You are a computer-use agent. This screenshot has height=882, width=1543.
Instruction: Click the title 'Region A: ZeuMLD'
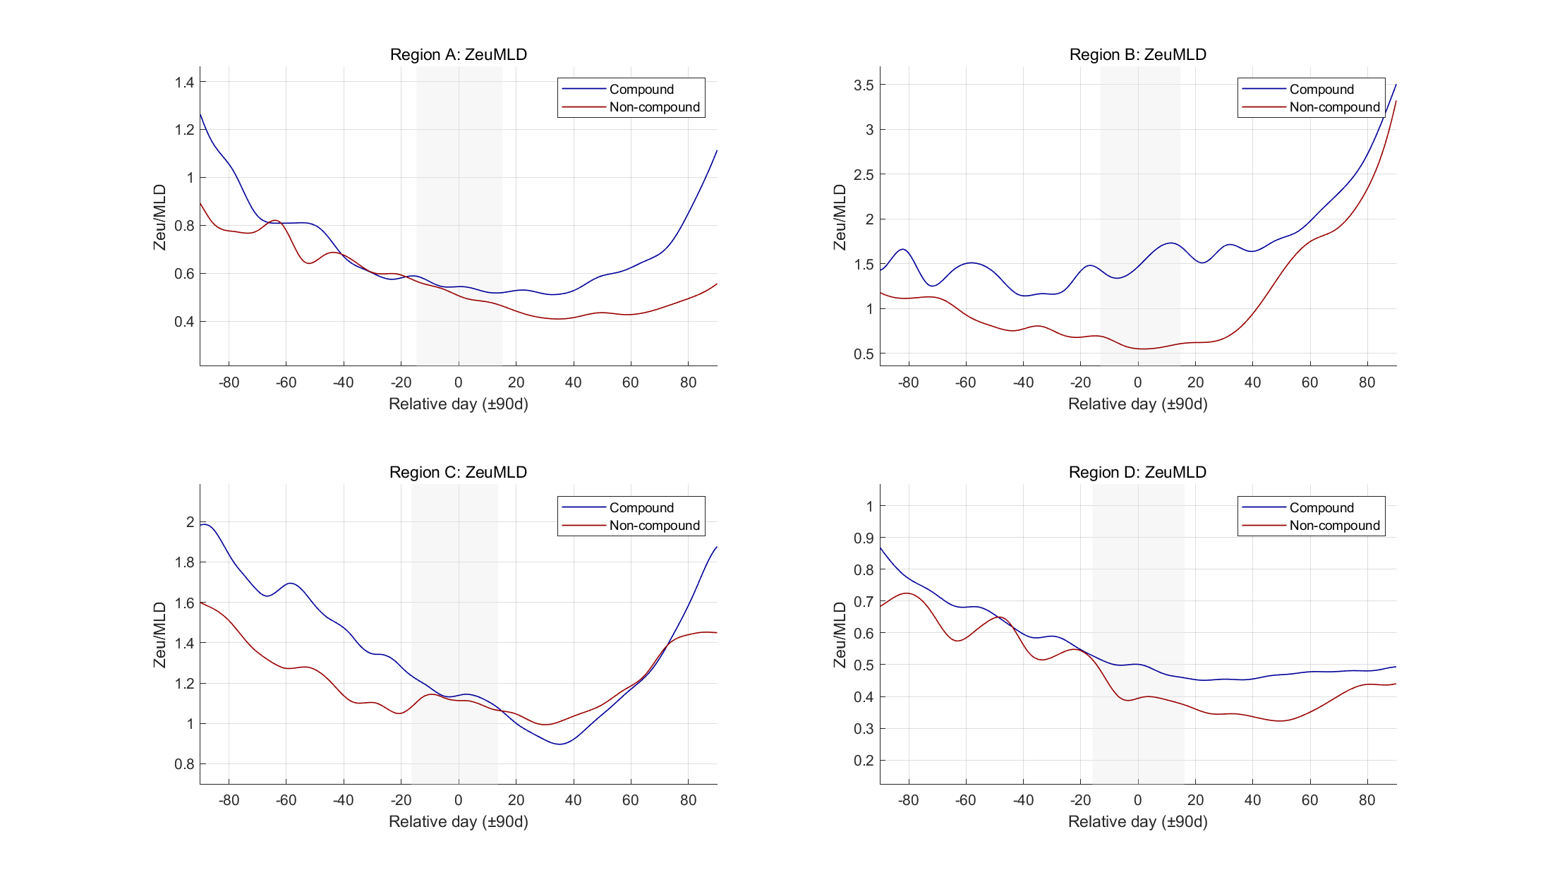[x=459, y=55]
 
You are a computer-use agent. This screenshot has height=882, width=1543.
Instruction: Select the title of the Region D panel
[x=1137, y=473]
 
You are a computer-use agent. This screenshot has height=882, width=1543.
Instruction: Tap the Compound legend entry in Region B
[x=1321, y=90]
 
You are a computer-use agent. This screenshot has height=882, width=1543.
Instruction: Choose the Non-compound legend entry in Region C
[x=654, y=526]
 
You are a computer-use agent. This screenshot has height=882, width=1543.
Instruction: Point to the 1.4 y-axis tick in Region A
[x=184, y=83]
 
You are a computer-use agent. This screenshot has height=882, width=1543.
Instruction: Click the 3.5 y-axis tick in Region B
[x=864, y=85]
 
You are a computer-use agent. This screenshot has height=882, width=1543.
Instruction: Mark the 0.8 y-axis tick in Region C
[x=184, y=764]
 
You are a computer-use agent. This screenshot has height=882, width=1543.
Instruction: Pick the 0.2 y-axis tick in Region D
[x=864, y=761]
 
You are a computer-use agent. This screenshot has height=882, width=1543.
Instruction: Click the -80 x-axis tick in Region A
[x=229, y=382]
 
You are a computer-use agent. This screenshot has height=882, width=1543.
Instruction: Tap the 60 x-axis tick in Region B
[x=1309, y=382]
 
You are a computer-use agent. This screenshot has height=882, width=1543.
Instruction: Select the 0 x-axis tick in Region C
[x=459, y=800]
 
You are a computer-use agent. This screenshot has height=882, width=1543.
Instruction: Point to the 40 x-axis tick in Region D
[x=1252, y=800]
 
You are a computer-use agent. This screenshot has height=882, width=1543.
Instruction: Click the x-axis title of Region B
[x=1137, y=404]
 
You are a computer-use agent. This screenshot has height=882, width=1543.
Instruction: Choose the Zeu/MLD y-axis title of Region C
[x=160, y=634]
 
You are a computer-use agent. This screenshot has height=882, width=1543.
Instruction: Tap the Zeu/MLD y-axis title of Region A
[x=160, y=217]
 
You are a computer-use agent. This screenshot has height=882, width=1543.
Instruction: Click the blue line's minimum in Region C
[x=559, y=744]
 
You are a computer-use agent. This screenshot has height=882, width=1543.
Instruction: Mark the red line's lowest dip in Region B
[x=1143, y=349]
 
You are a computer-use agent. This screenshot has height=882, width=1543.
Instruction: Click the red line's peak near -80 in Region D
[x=907, y=593]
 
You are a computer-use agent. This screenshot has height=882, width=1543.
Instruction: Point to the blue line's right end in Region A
[x=716, y=150]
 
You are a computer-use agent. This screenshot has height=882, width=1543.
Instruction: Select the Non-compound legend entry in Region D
[x=1333, y=526]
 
